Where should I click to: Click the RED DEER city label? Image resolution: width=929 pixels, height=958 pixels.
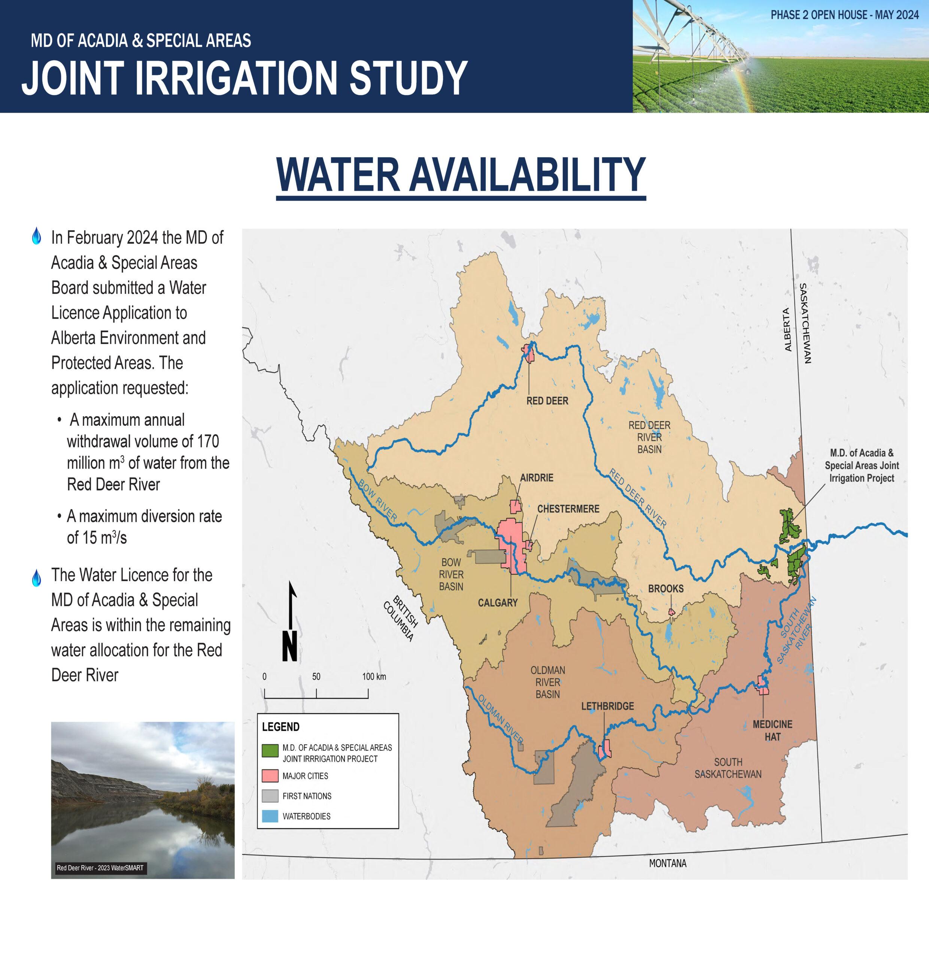(547, 401)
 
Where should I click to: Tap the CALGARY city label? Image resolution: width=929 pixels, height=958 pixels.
(497, 602)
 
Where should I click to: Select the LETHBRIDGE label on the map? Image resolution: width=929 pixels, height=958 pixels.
(607, 706)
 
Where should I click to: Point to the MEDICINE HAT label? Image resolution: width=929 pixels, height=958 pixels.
(772, 730)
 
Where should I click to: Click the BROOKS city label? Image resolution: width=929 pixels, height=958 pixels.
(665, 589)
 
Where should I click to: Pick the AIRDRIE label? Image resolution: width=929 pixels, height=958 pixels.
(536, 478)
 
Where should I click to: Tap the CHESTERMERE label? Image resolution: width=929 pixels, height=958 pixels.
(568, 509)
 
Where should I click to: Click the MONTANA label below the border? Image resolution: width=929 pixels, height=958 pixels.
(667, 863)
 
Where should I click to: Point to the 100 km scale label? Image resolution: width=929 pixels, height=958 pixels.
(374, 677)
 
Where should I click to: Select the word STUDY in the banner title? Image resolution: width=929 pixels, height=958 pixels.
(408, 78)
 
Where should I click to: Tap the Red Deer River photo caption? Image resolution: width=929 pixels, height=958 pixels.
(100, 868)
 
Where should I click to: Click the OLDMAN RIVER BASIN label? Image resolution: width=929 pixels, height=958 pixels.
(547, 682)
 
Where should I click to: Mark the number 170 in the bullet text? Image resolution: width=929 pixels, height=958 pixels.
(208, 441)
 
